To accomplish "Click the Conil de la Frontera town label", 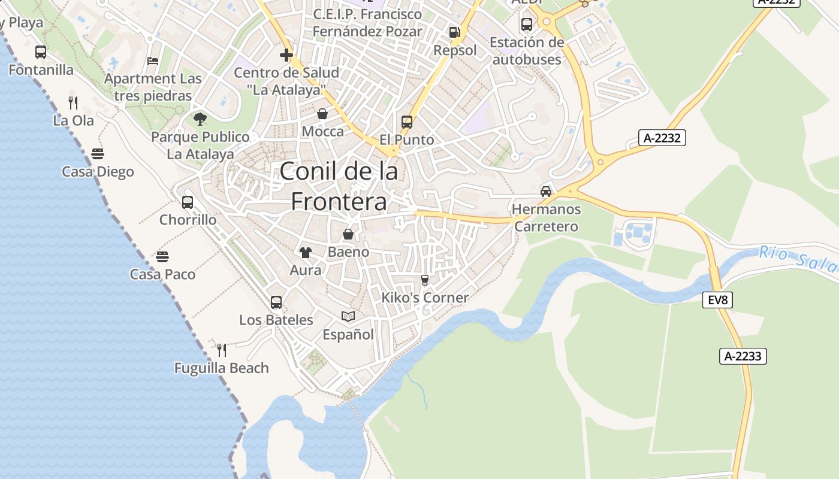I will coord(339,186).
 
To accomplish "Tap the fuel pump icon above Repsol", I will coord(455,32).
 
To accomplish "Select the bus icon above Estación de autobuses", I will coord(527,25).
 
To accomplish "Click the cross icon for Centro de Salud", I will coord(286,55).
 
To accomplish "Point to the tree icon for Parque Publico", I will coord(200,119).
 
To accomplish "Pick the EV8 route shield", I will coord(717,300).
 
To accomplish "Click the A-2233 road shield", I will coord(743,356).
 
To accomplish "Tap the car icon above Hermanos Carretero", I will coord(546,192).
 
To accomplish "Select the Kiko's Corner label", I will coord(425,298).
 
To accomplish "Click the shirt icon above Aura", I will coord(306,253).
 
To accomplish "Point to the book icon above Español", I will coord(348,316).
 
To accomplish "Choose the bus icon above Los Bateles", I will coord(276,302).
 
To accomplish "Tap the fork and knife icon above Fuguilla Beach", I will coord(221,350).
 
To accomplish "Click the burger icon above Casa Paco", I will coord(162,257).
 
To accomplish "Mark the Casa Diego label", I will coord(98,172).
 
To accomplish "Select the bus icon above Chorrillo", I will coord(188,202).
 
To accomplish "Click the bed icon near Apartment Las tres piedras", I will coord(153,61).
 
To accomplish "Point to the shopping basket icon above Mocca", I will coord(322,114).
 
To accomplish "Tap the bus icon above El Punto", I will coord(407,122).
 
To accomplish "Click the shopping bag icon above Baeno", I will coord(348,234).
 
